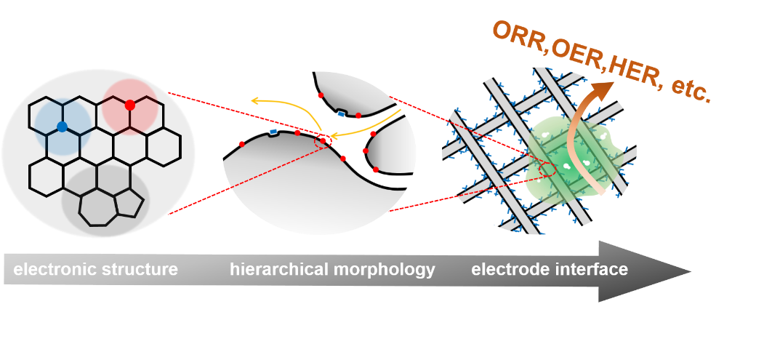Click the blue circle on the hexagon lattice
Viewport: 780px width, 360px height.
click(x=63, y=127)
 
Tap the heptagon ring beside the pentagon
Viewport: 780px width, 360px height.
click(x=97, y=207)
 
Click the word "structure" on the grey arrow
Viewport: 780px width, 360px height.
click(x=139, y=270)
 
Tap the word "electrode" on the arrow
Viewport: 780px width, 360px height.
click(x=507, y=270)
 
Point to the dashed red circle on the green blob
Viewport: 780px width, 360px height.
click(x=548, y=170)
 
